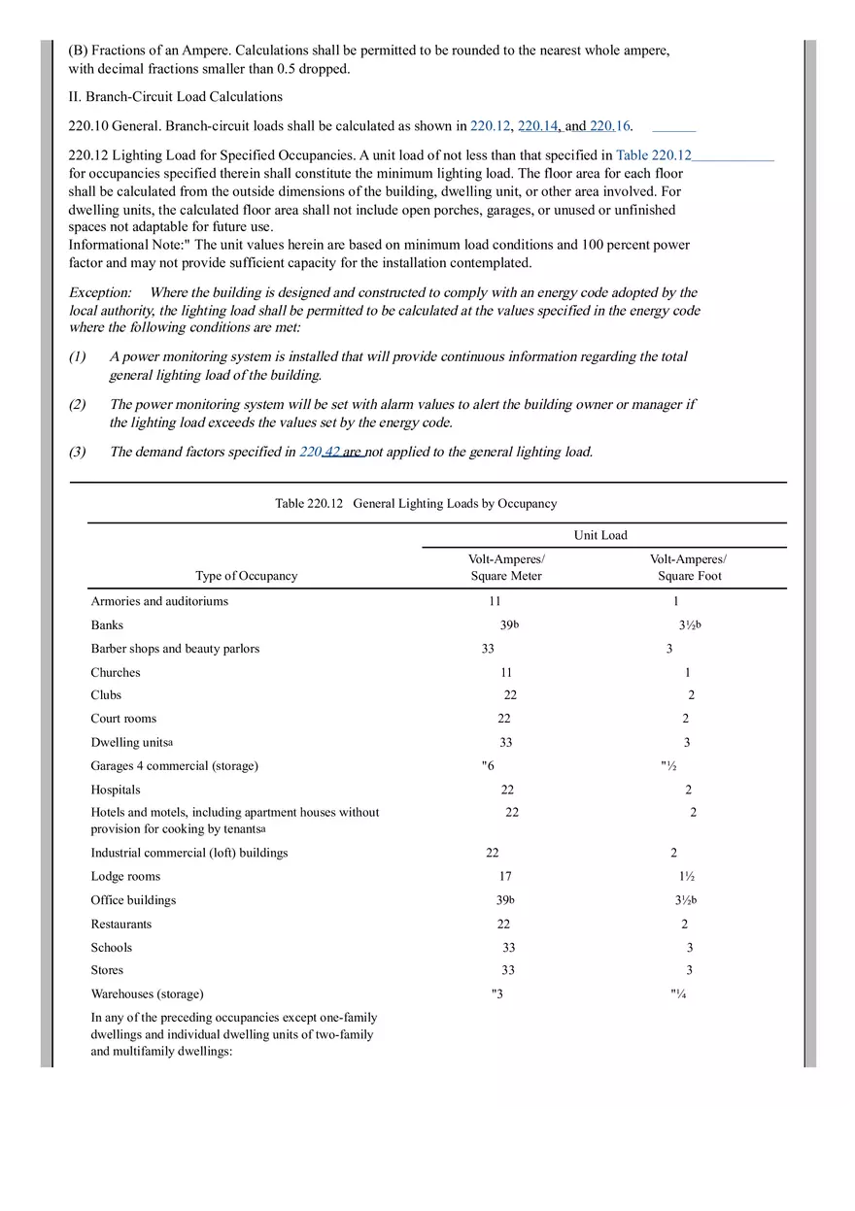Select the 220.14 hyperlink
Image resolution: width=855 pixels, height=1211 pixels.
(x=538, y=126)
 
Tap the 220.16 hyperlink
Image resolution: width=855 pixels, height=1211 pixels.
(x=610, y=126)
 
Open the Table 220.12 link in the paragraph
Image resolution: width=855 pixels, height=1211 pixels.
(x=653, y=155)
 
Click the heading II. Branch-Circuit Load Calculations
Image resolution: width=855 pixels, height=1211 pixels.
(x=175, y=97)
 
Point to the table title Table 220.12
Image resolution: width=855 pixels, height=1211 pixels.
(x=416, y=503)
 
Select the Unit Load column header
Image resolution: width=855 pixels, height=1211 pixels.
(x=600, y=535)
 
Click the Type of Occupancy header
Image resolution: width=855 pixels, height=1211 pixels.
(x=247, y=576)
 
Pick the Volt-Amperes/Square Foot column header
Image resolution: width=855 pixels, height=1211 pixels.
(x=688, y=567)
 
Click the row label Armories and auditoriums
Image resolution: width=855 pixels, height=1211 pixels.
(x=159, y=601)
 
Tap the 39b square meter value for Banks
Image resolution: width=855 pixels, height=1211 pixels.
(x=509, y=625)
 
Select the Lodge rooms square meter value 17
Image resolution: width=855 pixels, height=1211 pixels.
(x=505, y=877)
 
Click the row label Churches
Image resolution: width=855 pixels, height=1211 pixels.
(x=116, y=673)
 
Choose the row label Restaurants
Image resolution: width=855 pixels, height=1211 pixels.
(x=121, y=925)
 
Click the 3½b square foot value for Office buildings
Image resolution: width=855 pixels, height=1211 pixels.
(x=686, y=900)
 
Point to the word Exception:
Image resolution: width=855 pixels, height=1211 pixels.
(x=100, y=292)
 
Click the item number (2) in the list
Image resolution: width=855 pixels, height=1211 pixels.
(x=78, y=404)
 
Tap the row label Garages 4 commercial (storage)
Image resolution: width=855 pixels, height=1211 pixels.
(x=175, y=766)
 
